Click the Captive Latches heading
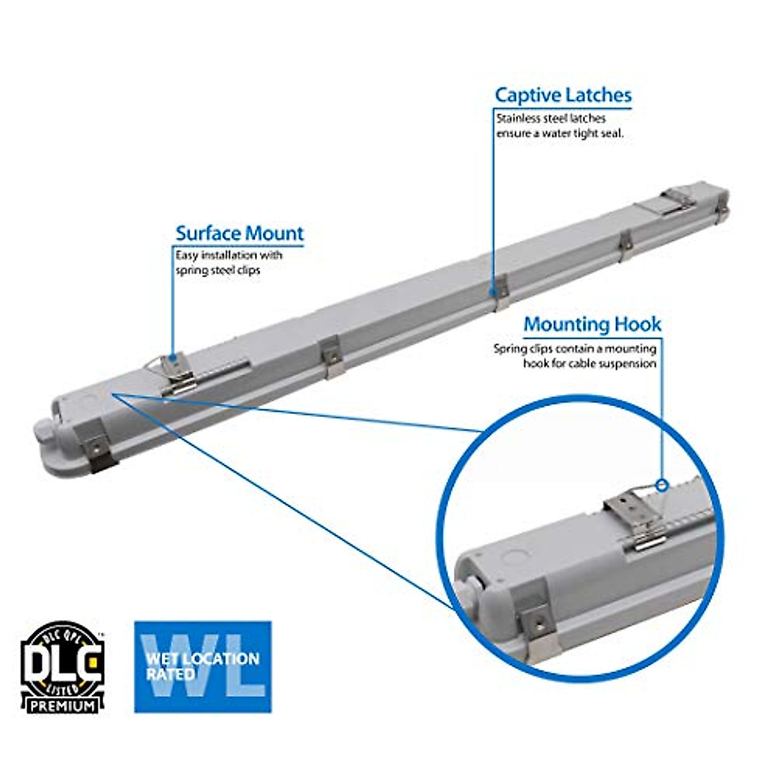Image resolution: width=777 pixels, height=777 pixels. [x=563, y=95]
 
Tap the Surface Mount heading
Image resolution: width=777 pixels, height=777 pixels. [x=239, y=233]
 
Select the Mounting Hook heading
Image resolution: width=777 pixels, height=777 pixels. [x=592, y=324]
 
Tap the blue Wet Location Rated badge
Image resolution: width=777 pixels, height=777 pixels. [x=203, y=667]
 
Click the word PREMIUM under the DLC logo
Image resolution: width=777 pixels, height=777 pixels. [x=62, y=705]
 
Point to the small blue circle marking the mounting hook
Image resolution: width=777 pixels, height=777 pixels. [x=662, y=485]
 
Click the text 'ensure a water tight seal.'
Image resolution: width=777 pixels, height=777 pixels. [x=559, y=133]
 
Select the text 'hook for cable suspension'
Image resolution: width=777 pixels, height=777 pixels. [x=589, y=364]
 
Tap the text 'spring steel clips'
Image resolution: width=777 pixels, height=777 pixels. [x=218, y=270]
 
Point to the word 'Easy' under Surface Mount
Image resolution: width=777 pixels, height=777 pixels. [x=186, y=255]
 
